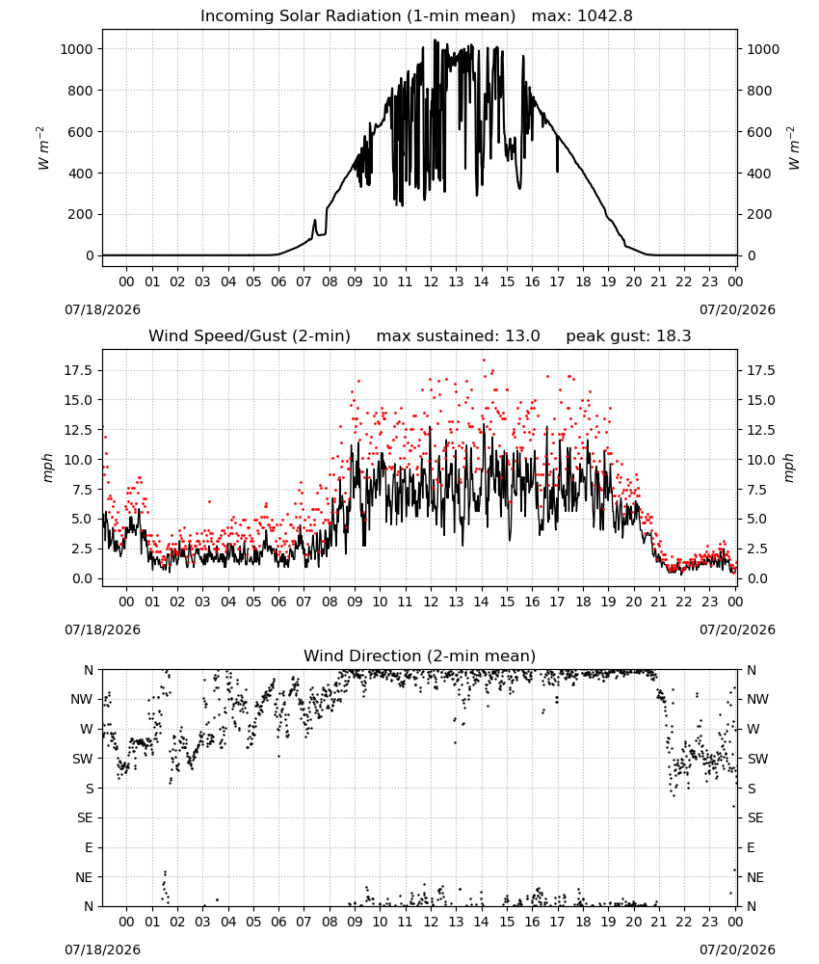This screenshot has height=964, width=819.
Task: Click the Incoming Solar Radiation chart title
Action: click(357, 16)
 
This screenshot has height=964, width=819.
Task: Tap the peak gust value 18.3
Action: click(669, 336)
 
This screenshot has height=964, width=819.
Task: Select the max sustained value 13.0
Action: click(522, 336)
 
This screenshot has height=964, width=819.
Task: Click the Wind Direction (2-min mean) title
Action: click(420, 656)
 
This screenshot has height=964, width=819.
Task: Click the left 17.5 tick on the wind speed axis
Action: click(79, 371)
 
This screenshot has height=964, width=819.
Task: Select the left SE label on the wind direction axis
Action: click(85, 818)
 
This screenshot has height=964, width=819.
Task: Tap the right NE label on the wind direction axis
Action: click(755, 877)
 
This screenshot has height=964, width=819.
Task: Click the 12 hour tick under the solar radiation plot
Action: click(431, 281)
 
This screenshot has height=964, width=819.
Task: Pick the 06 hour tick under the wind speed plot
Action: click(278, 602)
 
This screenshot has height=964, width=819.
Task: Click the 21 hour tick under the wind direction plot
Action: click(659, 923)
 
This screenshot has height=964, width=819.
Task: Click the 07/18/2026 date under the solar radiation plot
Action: click(102, 309)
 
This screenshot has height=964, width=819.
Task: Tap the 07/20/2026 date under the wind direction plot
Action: click(737, 950)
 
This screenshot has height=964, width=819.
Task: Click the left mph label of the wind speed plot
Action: click(48, 468)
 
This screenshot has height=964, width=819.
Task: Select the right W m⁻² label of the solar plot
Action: click(793, 147)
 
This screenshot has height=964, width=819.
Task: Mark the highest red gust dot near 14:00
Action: click(484, 360)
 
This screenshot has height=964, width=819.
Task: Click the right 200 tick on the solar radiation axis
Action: click(759, 215)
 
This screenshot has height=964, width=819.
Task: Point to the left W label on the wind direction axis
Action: click(88, 729)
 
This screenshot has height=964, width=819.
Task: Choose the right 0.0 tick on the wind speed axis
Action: click(756, 578)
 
